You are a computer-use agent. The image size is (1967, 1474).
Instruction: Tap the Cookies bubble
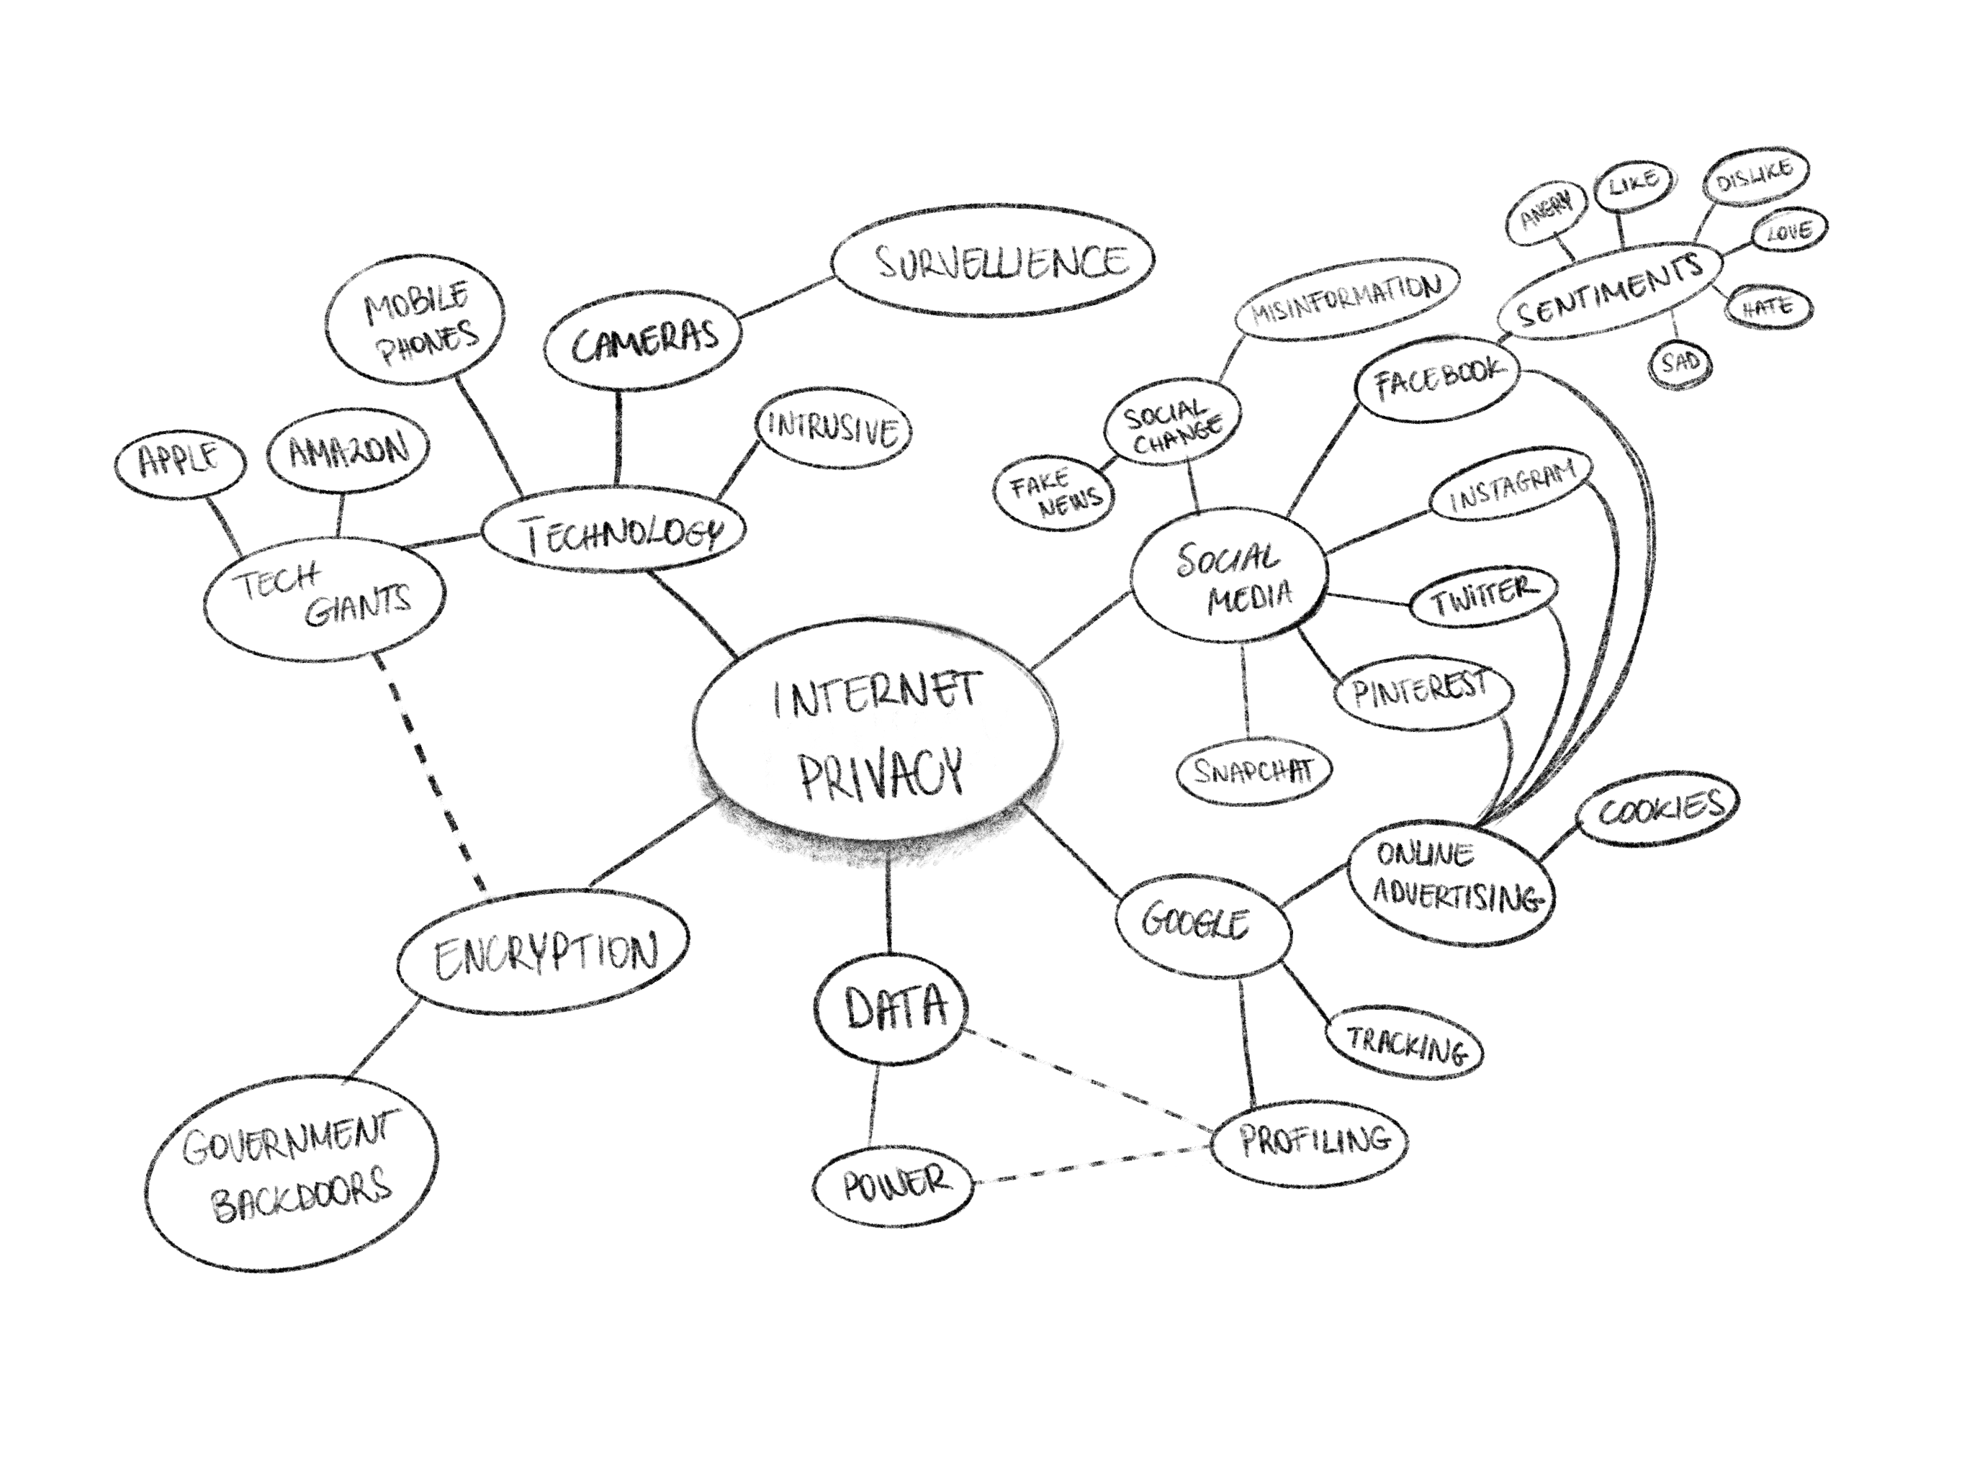(x=1657, y=810)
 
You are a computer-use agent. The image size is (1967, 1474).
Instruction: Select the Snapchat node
(x=1253, y=771)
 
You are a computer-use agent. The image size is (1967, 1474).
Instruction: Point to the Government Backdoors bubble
(x=291, y=1170)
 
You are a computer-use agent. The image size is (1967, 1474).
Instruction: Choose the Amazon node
(x=348, y=450)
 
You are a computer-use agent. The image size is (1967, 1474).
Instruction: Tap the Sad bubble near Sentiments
(x=1680, y=363)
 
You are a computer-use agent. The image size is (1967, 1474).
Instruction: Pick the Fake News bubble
(x=1055, y=494)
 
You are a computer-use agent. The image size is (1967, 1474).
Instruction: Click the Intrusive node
(x=832, y=430)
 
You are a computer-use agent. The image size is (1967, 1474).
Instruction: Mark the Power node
(x=894, y=1187)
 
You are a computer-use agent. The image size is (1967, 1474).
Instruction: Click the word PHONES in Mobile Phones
(x=430, y=343)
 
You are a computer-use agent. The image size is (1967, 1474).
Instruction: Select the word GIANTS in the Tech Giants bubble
(x=359, y=605)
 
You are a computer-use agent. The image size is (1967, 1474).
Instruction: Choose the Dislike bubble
(x=1755, y=177)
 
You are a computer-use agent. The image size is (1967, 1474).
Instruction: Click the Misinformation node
(x=1346, y=299)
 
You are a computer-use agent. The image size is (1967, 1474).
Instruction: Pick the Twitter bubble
(x=1483, y=597)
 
